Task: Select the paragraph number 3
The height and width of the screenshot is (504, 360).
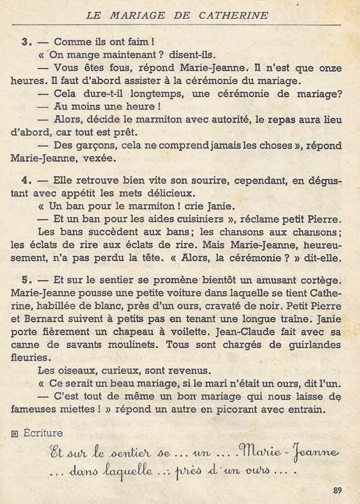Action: [25, 42]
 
